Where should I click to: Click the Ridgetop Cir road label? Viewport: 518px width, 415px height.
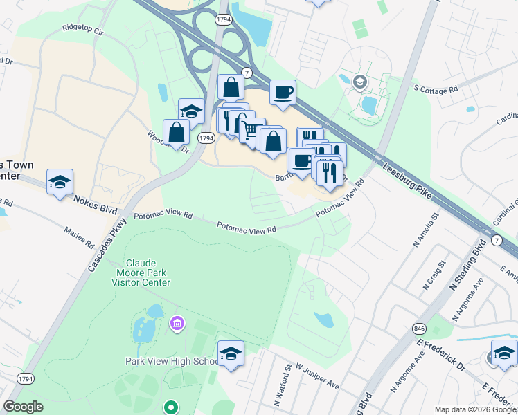tap(82, 31)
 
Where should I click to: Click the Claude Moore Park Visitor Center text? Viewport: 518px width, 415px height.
tap(148, 273)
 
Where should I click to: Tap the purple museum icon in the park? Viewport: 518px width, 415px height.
tap(177, 324)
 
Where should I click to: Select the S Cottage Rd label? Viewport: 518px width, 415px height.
tap(436, 89)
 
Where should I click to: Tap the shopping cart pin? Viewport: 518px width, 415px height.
tap(251, 129)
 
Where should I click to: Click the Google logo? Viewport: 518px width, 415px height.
tap(24, 406)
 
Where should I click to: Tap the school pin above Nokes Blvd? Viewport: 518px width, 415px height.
tap(60, 182)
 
